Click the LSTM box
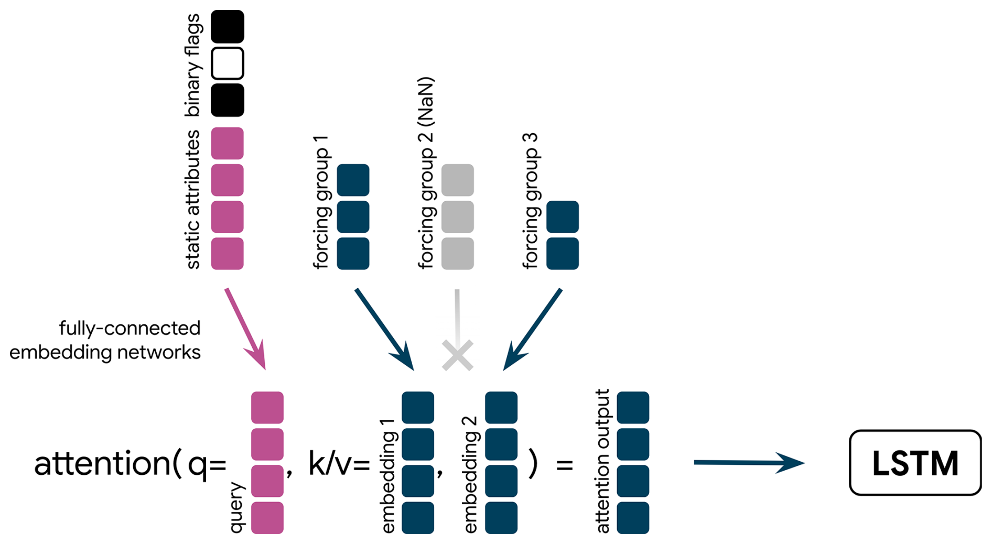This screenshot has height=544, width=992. click(x=915, y=463)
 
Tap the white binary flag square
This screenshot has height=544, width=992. click(x=227, y=63)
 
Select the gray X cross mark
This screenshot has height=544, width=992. click(x=458, y=355)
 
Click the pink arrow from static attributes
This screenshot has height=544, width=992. click(x=245, y=329)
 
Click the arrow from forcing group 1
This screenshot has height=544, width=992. click(x=384, y=329)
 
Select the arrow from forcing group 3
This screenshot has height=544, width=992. click(x=533, y=329)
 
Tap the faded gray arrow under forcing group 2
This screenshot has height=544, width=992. click(x=457, y=314)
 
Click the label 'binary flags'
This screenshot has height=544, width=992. click(x=192, y=65)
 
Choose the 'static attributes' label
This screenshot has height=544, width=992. click(x=192, y=200)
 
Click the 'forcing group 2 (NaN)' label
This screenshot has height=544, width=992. click(x=426, y=173)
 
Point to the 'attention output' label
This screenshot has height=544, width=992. click(x=602, y=461)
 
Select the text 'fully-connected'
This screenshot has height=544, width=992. click(x=130, y=329)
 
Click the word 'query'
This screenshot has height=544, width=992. click(x=236, y=508)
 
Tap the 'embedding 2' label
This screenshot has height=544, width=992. click(x=470, y=475)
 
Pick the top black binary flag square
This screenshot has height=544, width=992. click(x=227, y=27)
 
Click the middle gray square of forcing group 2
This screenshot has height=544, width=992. click(x=457, y=216)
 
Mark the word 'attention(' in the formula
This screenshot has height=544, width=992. click(x=107, y=464)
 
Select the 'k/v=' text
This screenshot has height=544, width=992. click(x=339, y=464)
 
